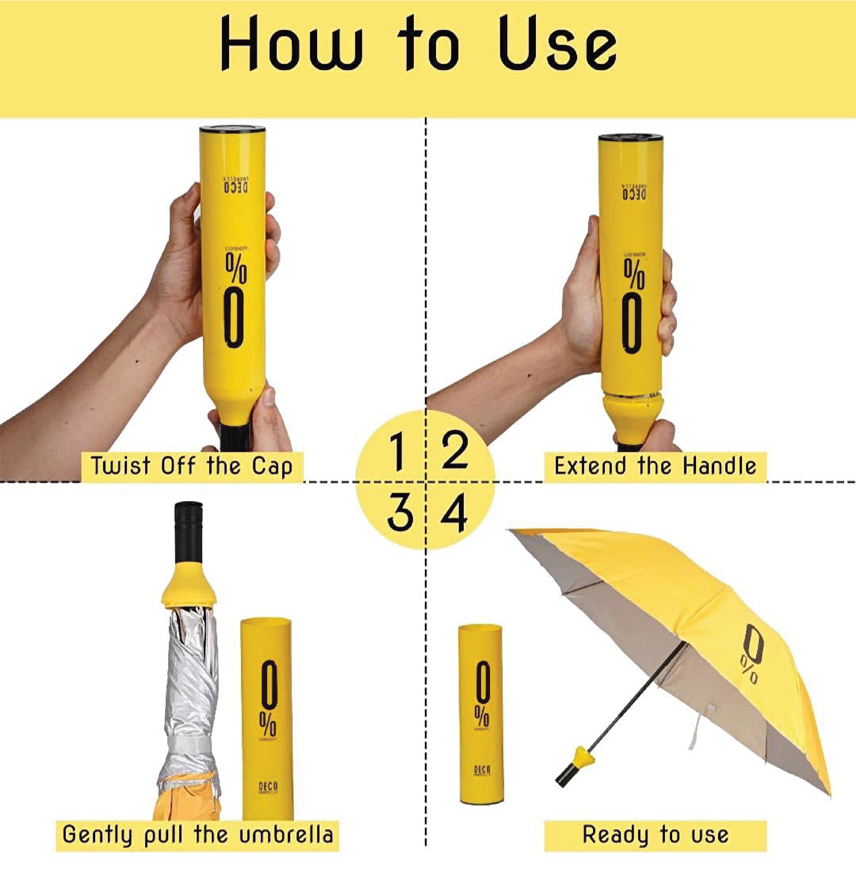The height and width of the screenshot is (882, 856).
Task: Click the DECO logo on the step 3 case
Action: click(x=268, y=788)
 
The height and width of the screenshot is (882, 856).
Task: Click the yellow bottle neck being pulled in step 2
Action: click(x=633, y=412)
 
